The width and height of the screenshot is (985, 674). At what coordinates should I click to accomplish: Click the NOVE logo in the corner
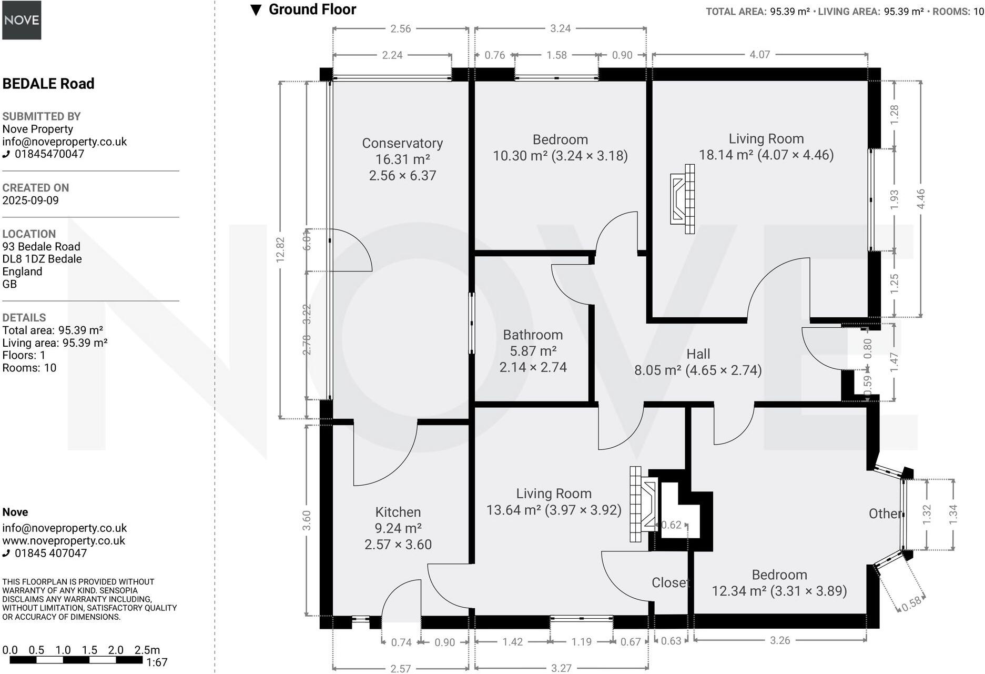point(22,20)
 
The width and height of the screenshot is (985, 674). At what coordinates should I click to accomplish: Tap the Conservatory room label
point(402,143)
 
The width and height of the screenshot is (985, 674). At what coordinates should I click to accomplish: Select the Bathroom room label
point(533,335)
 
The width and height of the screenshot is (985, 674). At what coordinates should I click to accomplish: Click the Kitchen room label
point(398,512)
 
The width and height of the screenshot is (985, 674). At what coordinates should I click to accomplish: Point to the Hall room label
point(698,354)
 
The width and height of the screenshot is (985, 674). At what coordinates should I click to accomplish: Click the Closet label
point(671,582)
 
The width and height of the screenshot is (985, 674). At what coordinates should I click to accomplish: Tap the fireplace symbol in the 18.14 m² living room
point(683,199)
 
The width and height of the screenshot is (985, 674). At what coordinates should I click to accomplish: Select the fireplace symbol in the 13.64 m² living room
point(643,504)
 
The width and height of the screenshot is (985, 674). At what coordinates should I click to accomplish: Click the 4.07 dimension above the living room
point(759,54)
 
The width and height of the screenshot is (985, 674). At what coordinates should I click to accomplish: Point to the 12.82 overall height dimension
point(280,250)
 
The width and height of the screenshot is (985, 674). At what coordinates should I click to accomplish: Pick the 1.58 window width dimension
point(556,55)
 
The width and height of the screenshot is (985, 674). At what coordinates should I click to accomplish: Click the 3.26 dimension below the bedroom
point(780,640)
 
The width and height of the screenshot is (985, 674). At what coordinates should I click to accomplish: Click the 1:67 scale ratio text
point(157,662)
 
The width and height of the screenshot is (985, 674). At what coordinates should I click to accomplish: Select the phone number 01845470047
point(49,154)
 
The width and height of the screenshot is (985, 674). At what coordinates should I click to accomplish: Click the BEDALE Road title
point(48,84)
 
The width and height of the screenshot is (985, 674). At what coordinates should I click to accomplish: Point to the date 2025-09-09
point(31,200)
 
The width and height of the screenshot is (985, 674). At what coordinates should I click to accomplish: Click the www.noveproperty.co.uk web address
point(64,541)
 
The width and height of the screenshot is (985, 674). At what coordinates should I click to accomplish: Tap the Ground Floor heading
point(312,9)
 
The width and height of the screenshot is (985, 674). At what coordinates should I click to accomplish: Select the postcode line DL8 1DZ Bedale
point(42,259)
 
